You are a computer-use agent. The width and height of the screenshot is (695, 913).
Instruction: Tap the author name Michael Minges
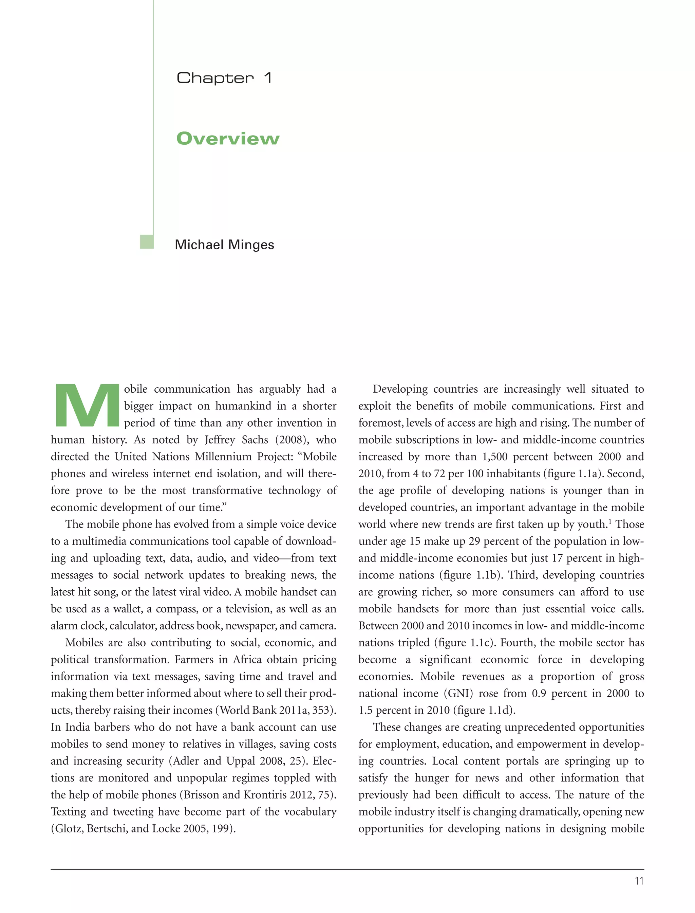click(224, 245)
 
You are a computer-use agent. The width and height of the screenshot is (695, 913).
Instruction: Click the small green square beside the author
click(147, 242)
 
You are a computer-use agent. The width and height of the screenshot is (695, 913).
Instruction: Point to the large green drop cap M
click(87, 406)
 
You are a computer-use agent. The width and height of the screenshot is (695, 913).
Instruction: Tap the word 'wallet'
click(121, 609)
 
